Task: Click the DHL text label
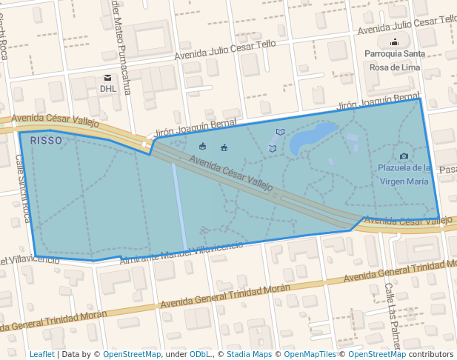pos(108,89)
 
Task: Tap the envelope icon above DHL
pos(108,78)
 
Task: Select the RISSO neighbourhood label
pos(46,139)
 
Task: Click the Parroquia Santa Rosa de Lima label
pos(395,60)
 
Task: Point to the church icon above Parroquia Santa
pos(395,42)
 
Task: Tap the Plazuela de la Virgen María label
pos(404,174)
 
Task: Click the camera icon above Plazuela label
pos(404,156)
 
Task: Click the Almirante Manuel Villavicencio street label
pos(181,250)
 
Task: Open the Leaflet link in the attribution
pos(42,354)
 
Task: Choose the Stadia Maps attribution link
pos(247,354)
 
